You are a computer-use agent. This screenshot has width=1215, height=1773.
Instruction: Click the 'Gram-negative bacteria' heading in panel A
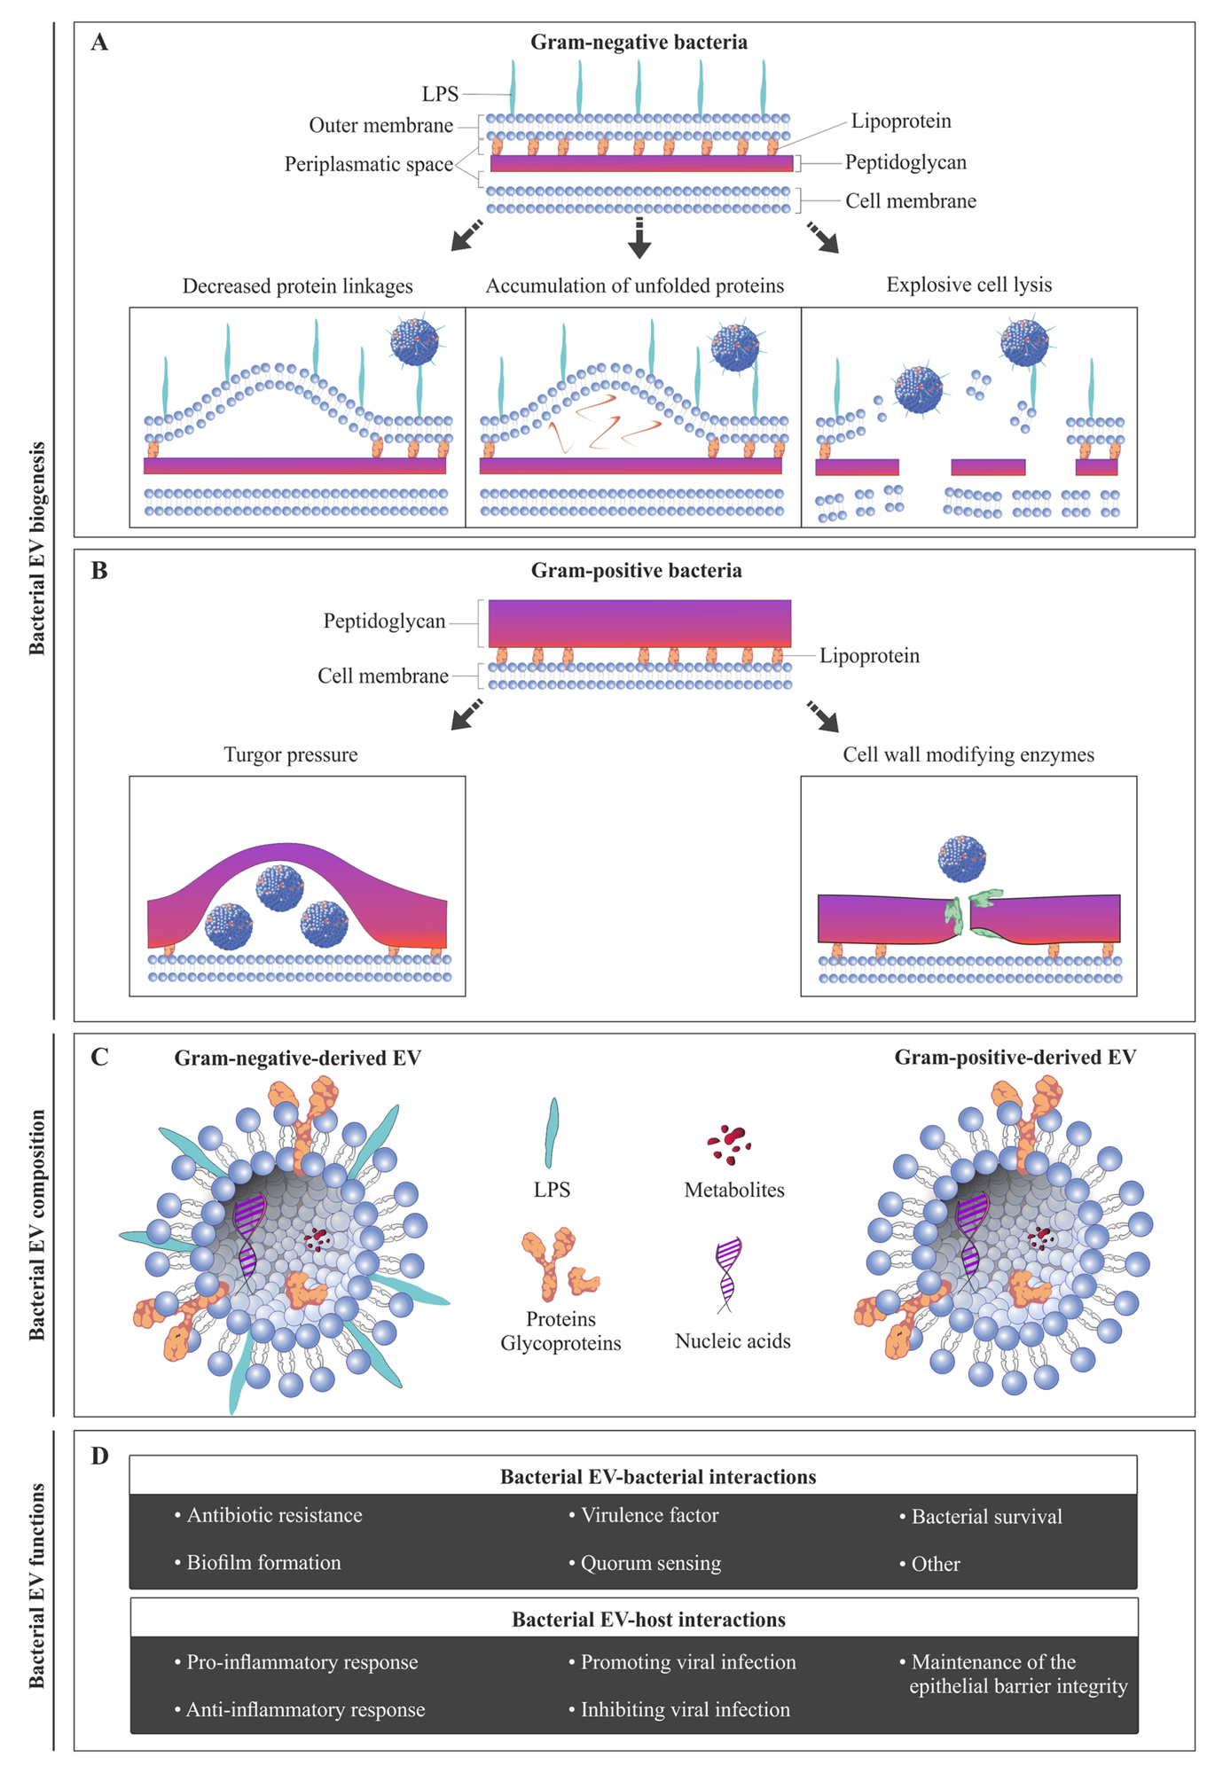pyautogui.click(x=639, y=43)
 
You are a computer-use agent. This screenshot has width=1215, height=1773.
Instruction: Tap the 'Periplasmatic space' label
pyautogui.click(x=368, y=165)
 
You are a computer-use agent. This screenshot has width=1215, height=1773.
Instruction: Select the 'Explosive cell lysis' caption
pyautogui.click(x=968, y=285)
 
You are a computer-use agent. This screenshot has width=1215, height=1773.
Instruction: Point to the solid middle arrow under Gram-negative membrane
pyautogui.click(x=639, y=238)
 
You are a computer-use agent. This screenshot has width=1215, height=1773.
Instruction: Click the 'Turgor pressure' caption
pyautogui.click(x=291, y=755)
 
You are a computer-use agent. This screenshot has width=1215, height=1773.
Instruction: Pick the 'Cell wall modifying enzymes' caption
pyautogui.click(x=968, y=755)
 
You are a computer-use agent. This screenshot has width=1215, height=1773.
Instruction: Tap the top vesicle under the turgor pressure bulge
pyautogui.click(x=279, y=887)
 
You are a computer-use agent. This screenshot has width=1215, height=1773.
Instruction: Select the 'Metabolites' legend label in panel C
pyautogui.click(x=734, y=1191)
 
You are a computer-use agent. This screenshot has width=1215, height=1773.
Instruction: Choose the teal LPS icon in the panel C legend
pyautogui.click(x=552, y=1133)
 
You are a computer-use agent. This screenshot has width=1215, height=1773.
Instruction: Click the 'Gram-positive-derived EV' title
pyautogui.click(x=1015, y=1058)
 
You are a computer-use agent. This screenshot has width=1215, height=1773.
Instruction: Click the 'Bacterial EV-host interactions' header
pyautogui.click(x=648, y=1621)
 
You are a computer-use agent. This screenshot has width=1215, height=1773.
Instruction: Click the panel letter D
pyautogui.click(x=100, y=1457)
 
